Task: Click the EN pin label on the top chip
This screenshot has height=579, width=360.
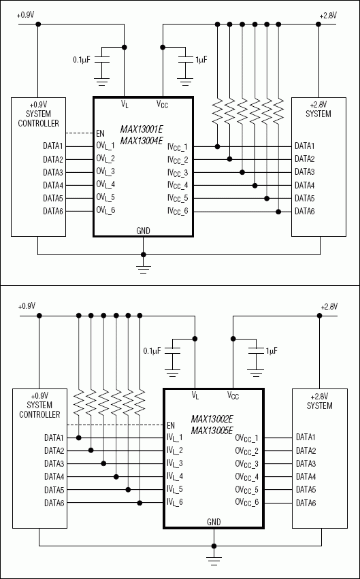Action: click(101, 133)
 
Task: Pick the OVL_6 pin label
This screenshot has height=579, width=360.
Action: click(105, 211)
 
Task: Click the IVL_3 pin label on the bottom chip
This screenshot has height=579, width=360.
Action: click(175, 463)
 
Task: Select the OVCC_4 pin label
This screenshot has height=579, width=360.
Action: click(246, 476)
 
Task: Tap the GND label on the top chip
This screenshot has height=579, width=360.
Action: click(143, 231)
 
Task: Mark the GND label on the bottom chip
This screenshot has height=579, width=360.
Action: click(214, 522)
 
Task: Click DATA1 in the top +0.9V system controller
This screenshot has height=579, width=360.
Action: click(53, 146)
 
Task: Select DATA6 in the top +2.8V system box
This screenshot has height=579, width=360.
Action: click(305, 211)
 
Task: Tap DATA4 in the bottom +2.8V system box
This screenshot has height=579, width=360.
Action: click(306, 476)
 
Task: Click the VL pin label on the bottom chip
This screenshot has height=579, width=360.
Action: click(195, 395)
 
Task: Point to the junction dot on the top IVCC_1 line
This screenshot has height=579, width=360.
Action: click(218, 146)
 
